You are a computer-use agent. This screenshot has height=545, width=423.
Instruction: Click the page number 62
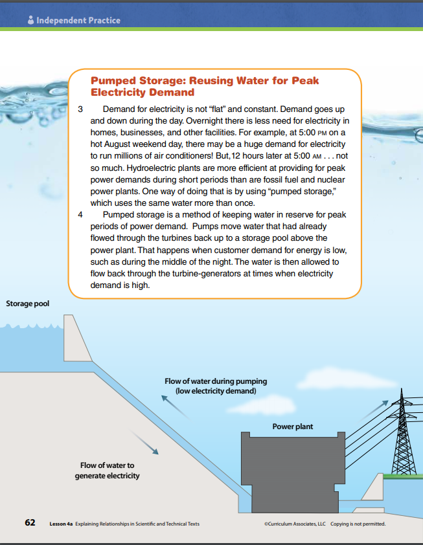(x=30, y=522)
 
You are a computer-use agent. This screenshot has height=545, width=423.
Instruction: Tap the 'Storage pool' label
(x=27, y=304)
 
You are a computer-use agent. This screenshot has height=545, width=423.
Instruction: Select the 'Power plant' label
(x=292, y=427)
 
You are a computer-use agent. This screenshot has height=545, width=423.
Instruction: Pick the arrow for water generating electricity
(x=148, y=443)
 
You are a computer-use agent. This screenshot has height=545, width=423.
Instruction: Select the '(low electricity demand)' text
(x=216, y=392)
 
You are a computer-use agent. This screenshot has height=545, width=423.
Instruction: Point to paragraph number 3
(x=80, y=109)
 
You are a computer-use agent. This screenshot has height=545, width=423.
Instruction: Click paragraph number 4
(x=80, y=214)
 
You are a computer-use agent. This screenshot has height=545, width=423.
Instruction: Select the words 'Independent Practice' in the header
(x=78, y=20)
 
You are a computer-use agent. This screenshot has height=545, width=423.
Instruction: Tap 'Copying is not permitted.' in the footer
(x=358, y=523)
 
